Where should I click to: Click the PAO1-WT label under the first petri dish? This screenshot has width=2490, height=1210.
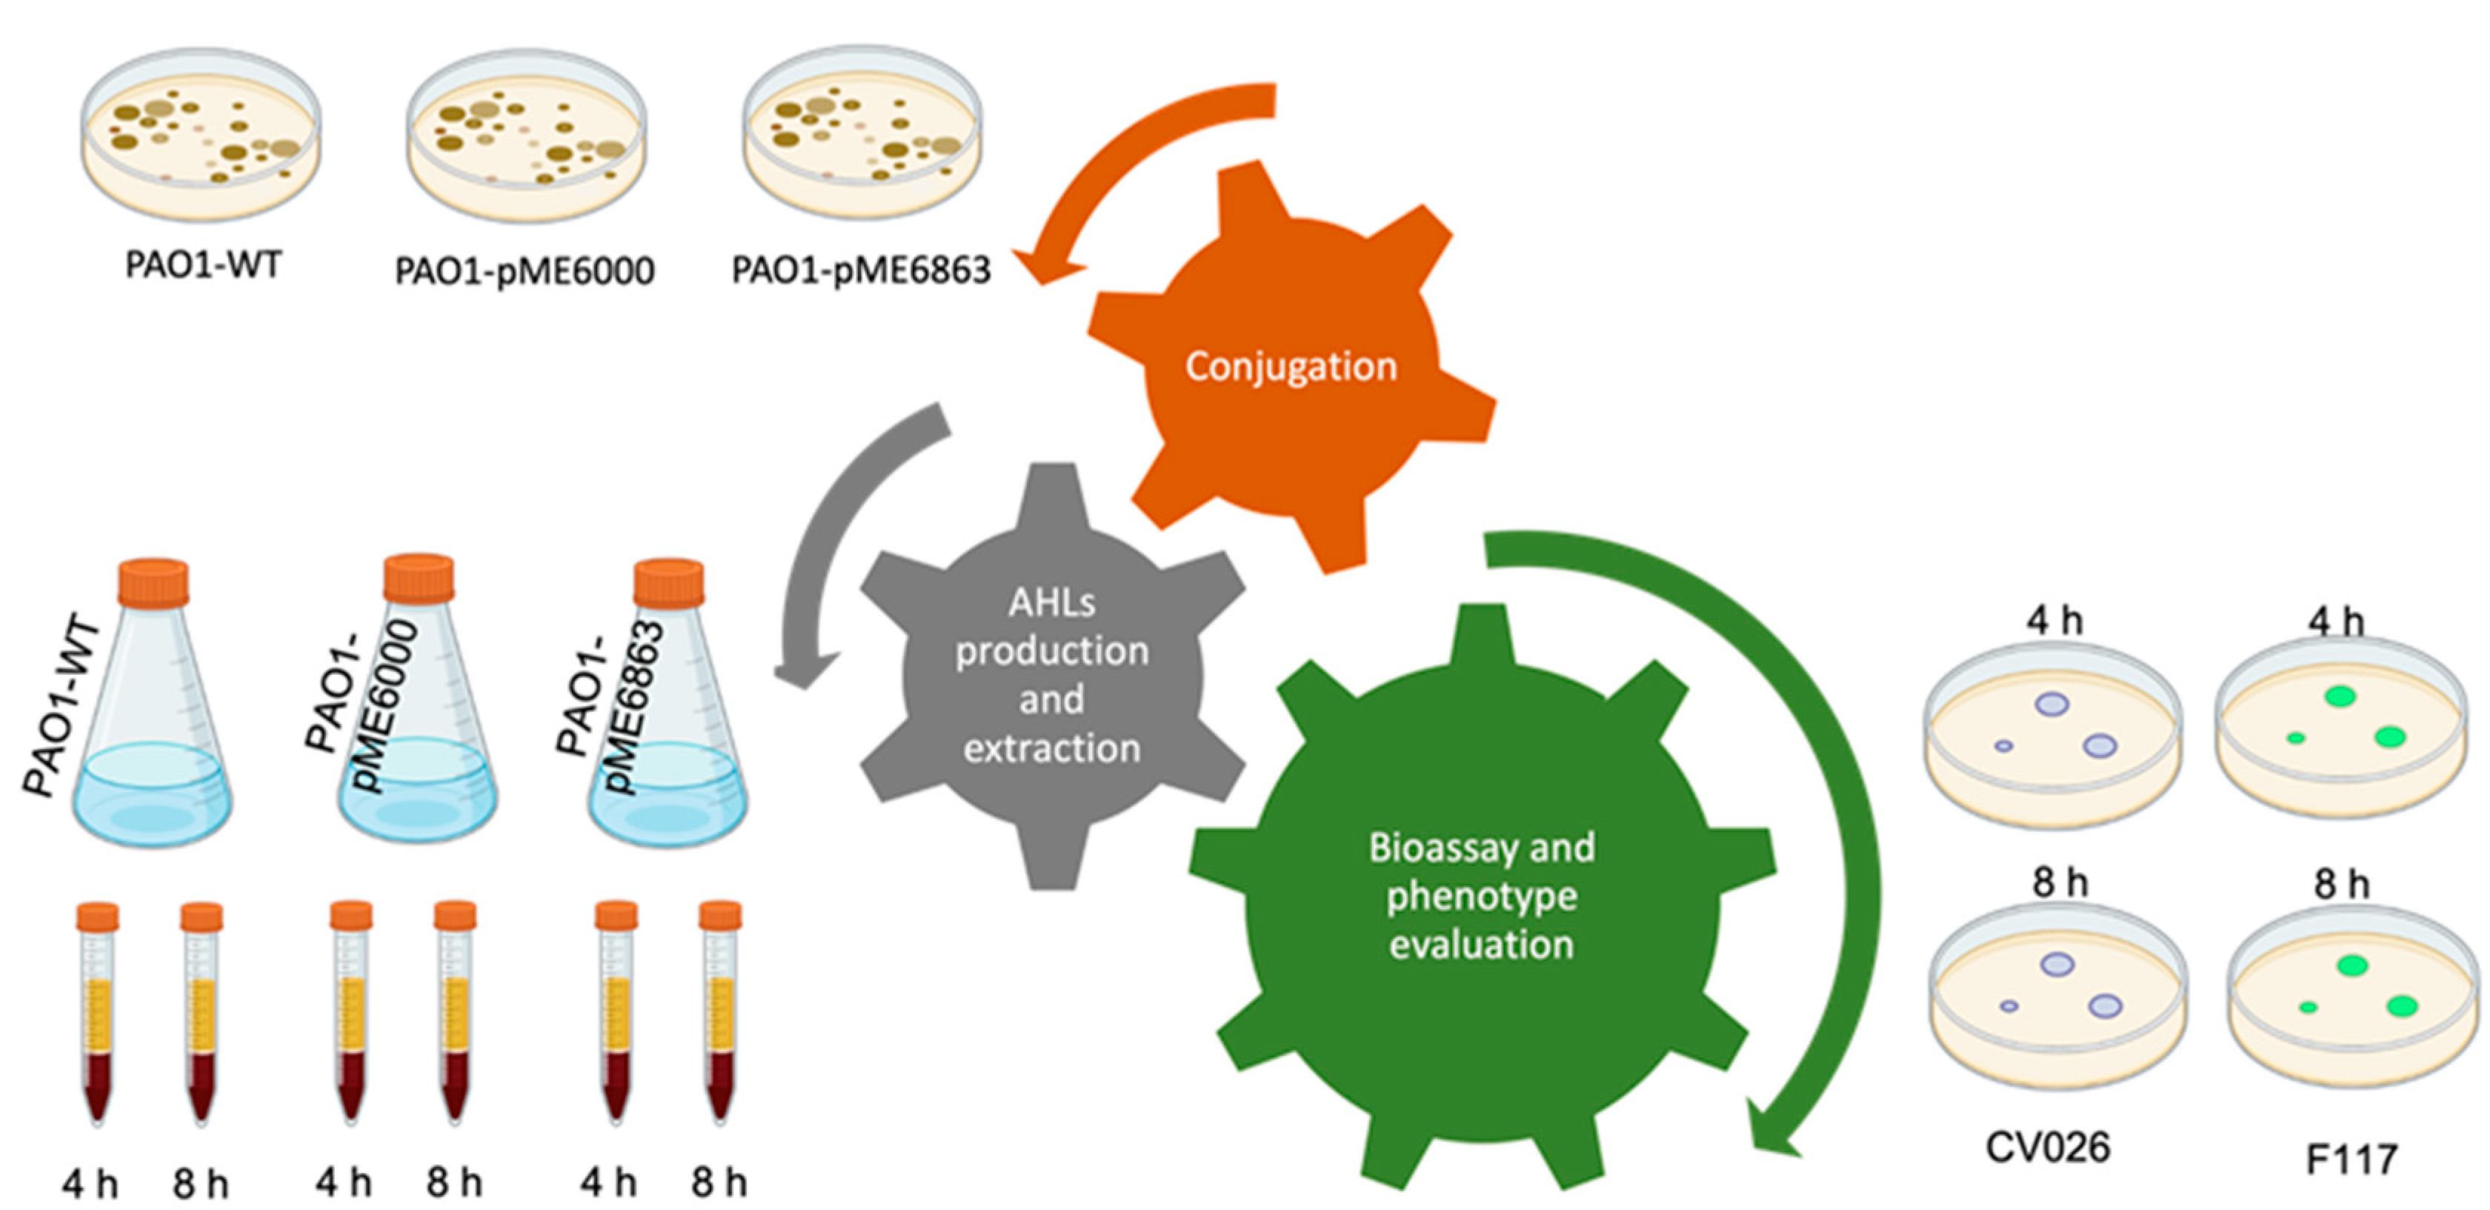(203, 265)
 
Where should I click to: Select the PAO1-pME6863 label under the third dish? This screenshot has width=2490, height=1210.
(860, 270)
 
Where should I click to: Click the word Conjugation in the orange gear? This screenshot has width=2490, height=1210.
(1291, 366)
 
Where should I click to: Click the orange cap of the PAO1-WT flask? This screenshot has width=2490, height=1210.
(153, 582)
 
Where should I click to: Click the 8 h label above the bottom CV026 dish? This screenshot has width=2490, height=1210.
(2059, 882)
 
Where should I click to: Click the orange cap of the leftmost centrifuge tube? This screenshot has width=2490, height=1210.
(98, 916)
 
